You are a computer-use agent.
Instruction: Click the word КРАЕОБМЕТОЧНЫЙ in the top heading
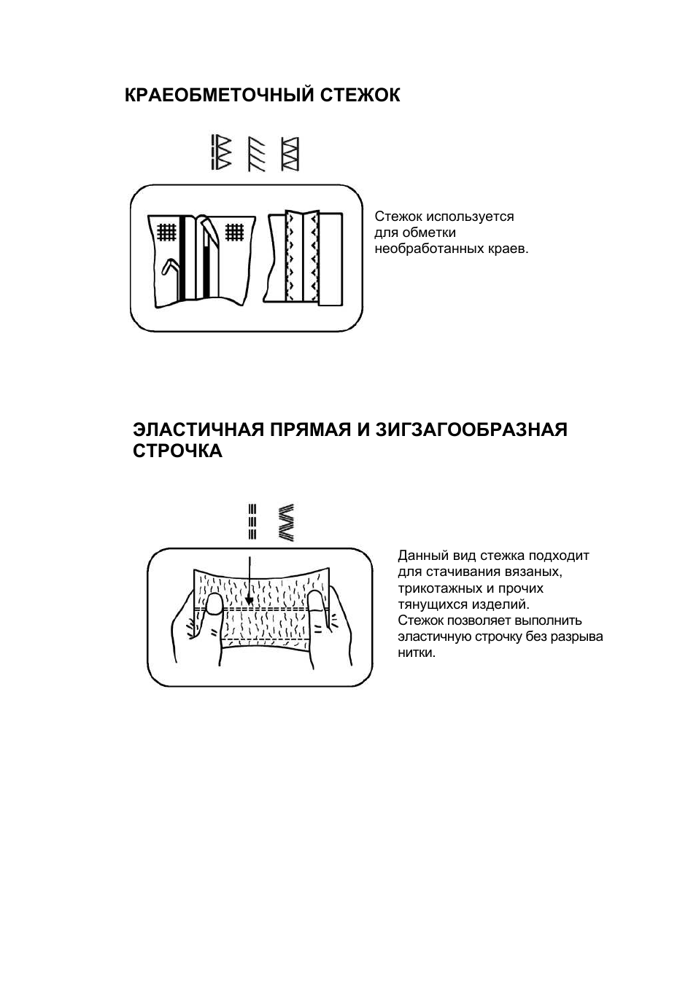pyautogui.click(x=219, y=95)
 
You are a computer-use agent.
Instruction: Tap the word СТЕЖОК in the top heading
pyautogui.click(x=360, y=96)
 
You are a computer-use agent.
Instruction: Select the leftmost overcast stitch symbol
pyautogui.click(x=221, y=152)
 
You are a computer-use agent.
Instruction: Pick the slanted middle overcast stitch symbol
pyautogui.click(x=257, y=155)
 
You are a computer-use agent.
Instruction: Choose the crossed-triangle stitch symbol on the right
pyautogui.click(x=290, y=154)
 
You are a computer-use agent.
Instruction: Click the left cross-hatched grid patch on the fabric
pyautogui.click(x=167, y=233)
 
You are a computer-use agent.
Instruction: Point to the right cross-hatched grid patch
pyautogui.click(x=234, y=232)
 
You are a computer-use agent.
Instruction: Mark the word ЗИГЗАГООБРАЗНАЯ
pyautogui.click(x=471, y=429)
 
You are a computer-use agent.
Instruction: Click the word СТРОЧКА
pyautogui.click(x=177, y=451)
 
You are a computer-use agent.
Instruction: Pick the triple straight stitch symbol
pyautogui.click(x=252, y=521)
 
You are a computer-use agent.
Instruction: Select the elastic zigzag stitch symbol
pyautogui.click(x=287, y=523)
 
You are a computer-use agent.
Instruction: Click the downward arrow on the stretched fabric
pyautogui.click(x=250, y=581)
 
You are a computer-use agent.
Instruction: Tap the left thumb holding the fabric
pyautogui.click(x=214, y=604)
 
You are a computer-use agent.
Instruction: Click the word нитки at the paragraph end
pyautogui.click(x=417, y=653)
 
